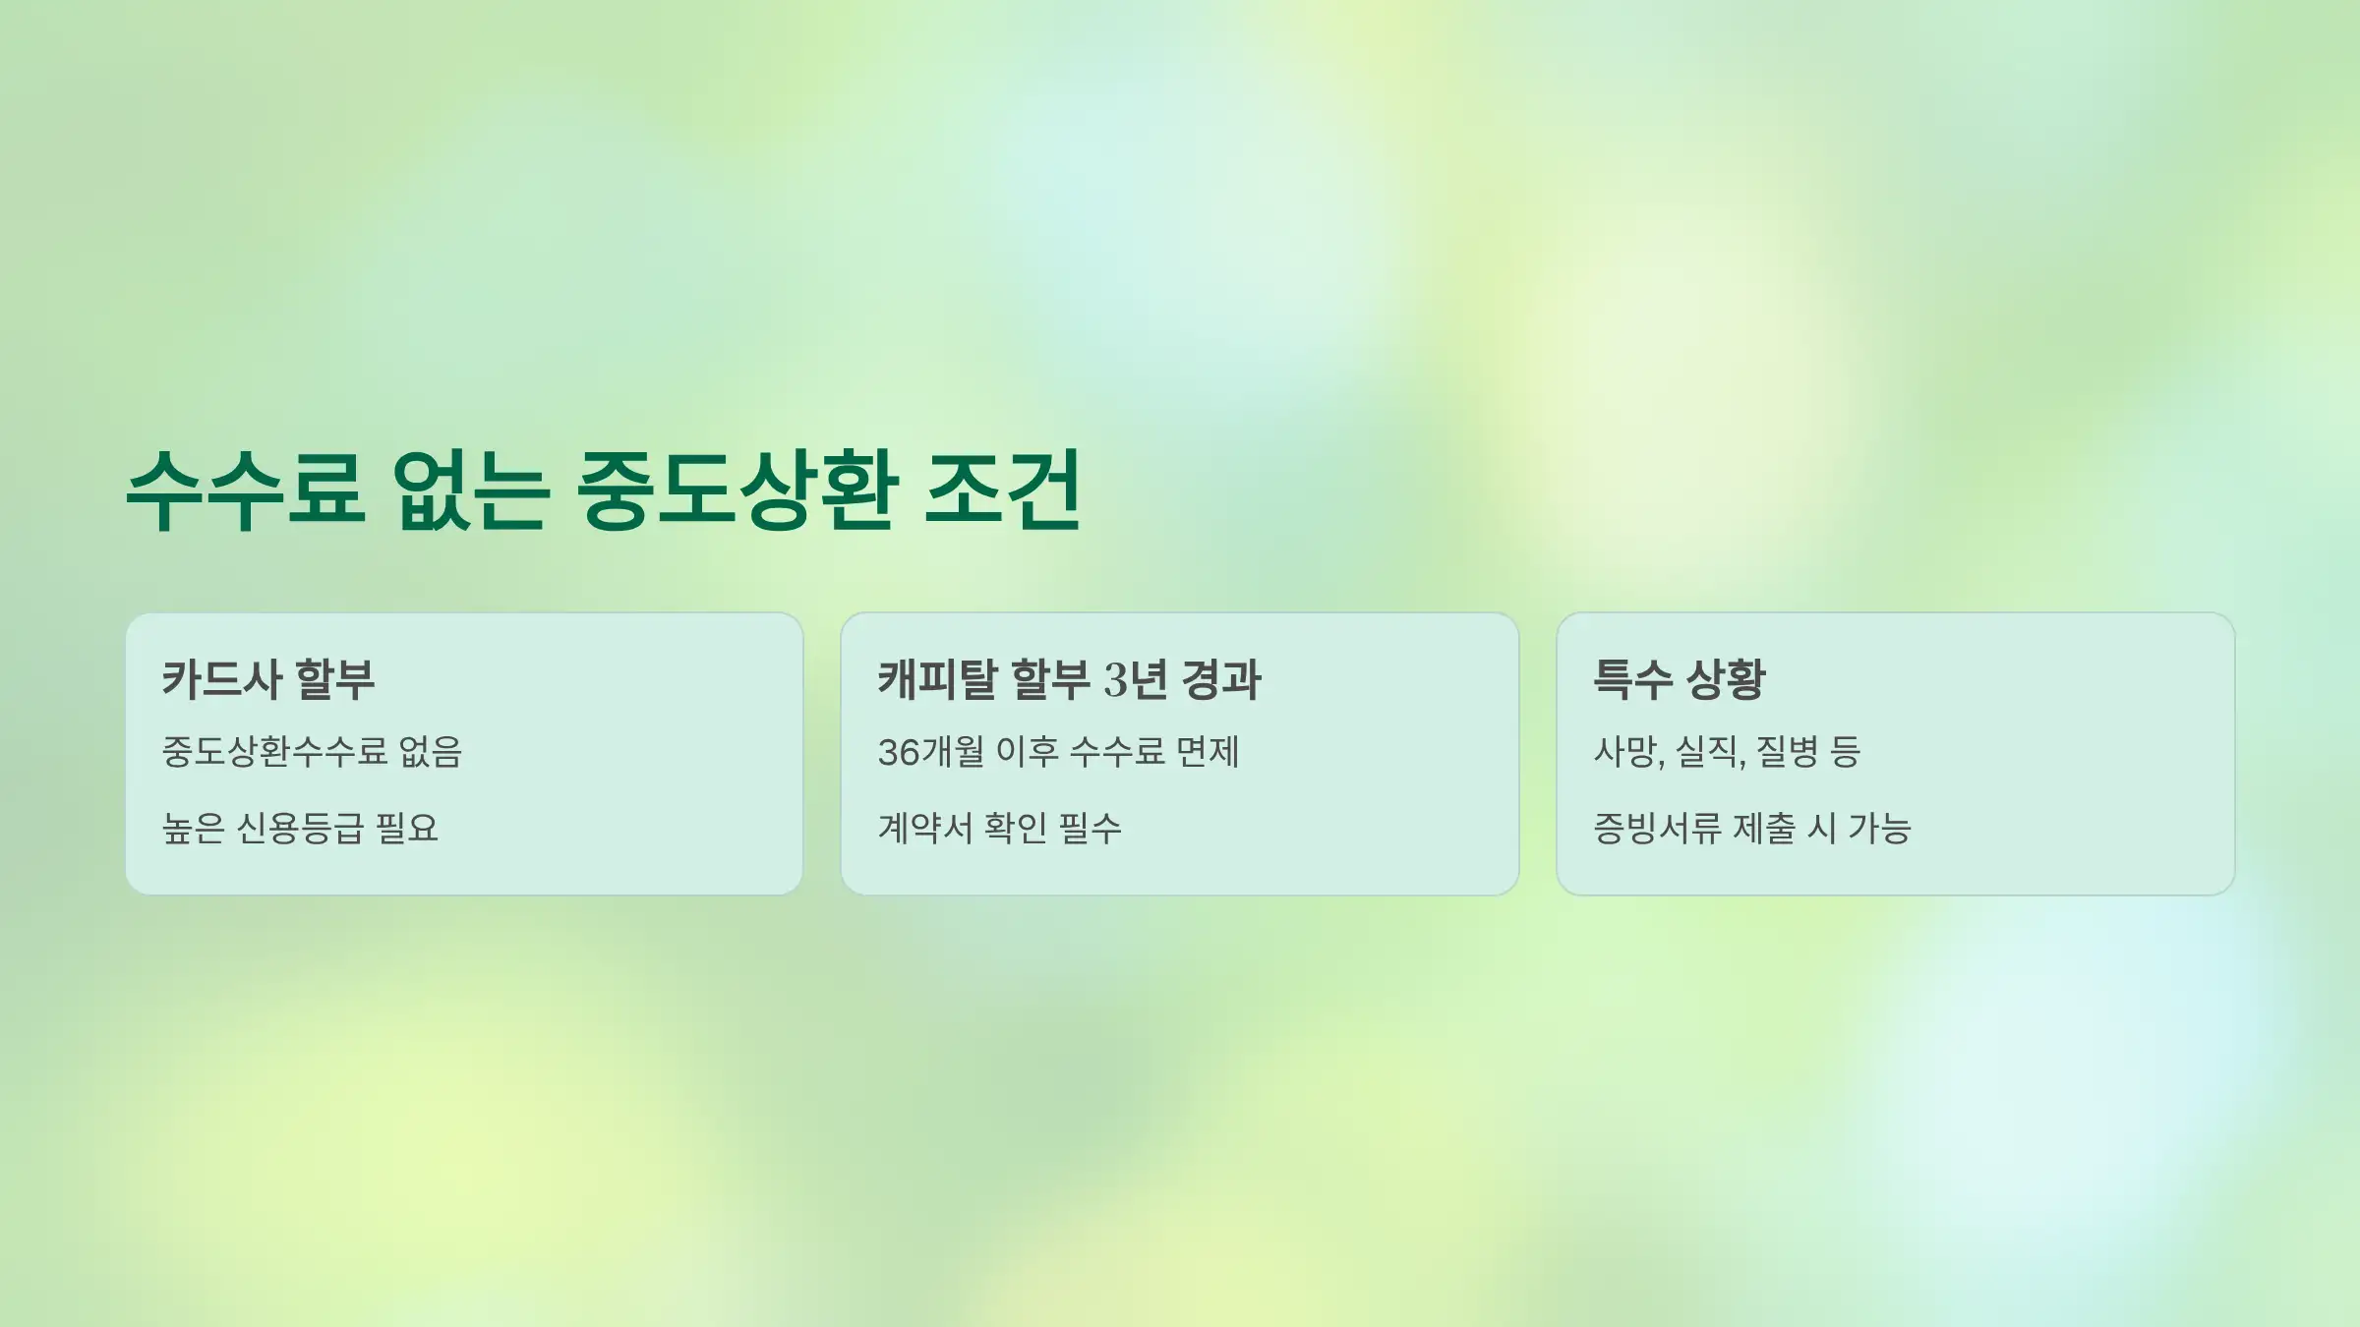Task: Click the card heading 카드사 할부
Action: coord(268,679)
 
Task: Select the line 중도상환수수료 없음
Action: coord(312,752)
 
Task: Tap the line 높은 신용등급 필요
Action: coord(300,828)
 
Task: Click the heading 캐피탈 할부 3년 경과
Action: coord(1069,679)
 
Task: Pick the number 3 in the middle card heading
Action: coord(1115,680)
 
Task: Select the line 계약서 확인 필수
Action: coord(999,828)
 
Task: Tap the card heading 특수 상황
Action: coord(1680,679)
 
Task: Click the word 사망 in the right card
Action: coord(1625,752)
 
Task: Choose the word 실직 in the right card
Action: coord(1707,752)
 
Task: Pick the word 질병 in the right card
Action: coord(1787,752)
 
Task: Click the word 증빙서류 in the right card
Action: coord(1657,828)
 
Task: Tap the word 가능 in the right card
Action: coord(1879,828)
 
